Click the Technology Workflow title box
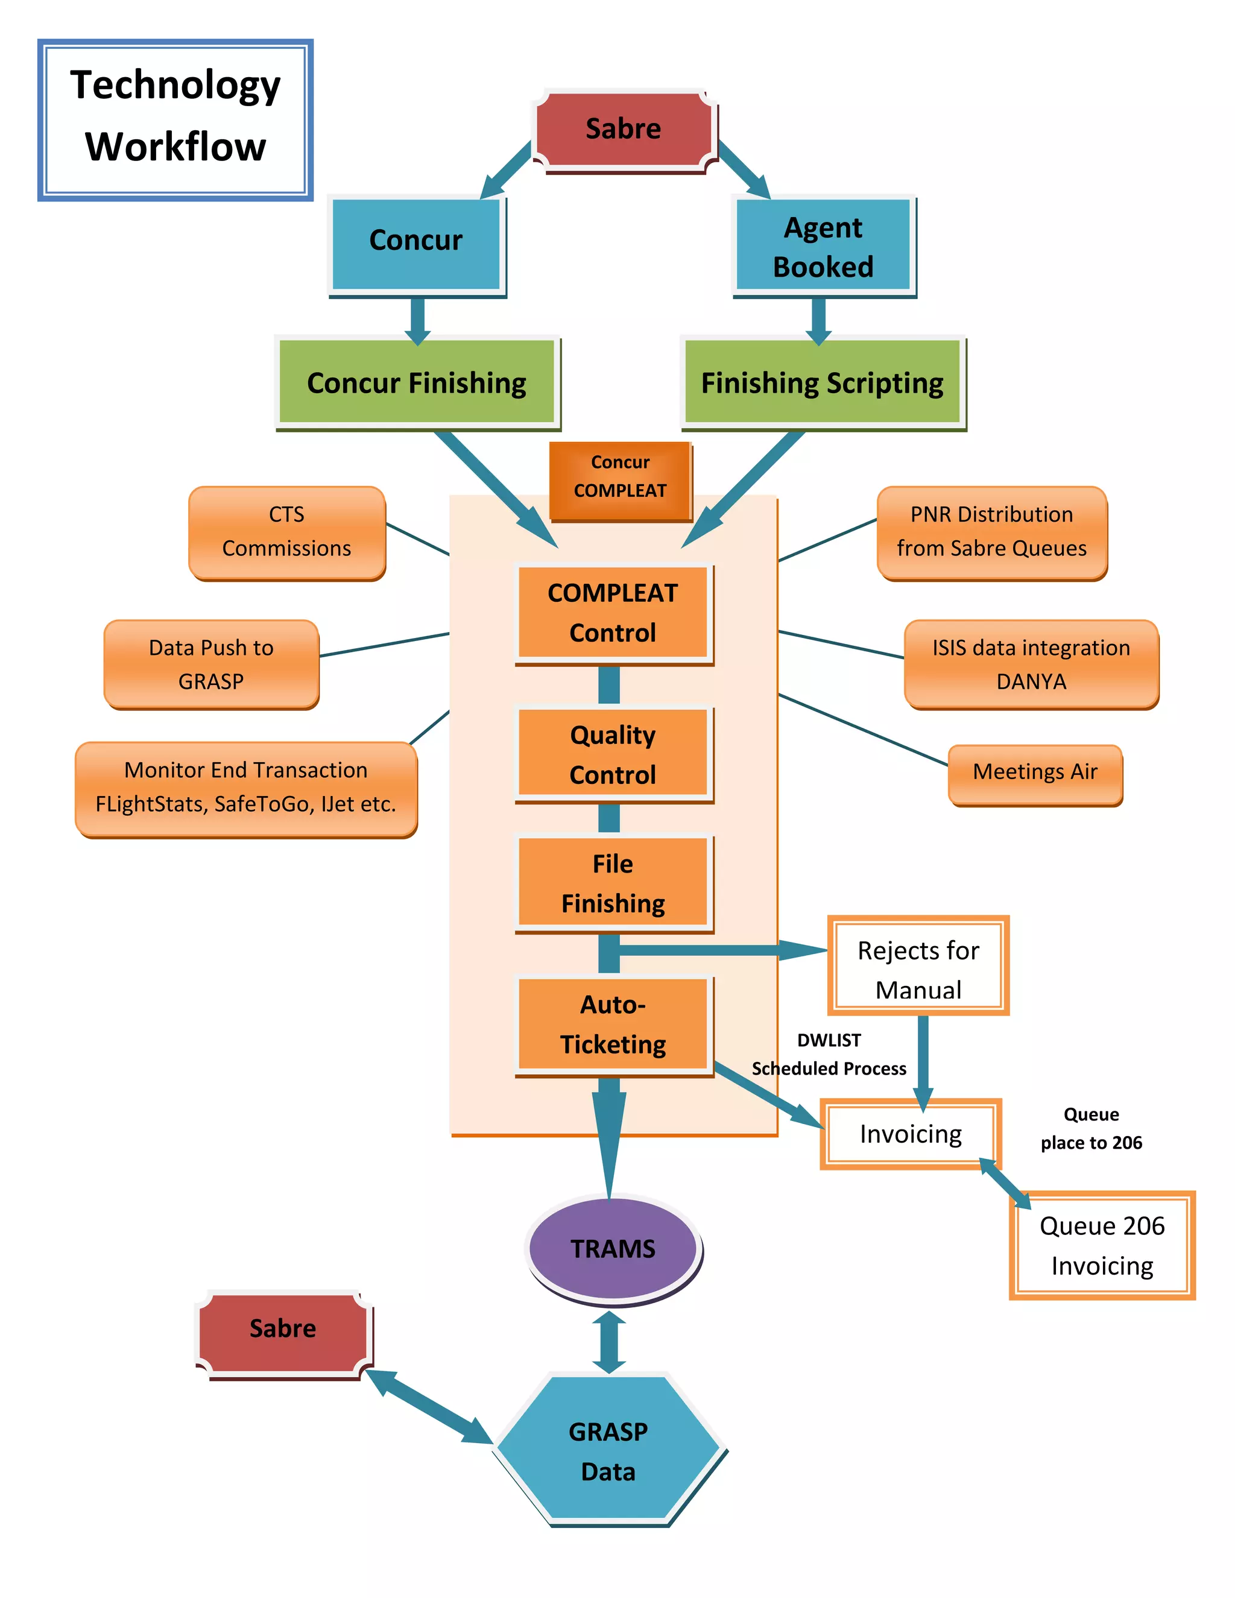tap(175, 119)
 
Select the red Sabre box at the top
tap(624, 130)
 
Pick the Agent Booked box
tap(823, 246)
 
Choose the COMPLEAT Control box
tap(613, 613)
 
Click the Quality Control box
tap(613, 754)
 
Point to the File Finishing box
tap(613, 883)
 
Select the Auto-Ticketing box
tap(613, 1025)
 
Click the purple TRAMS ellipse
tap(613, 1248)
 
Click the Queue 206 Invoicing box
tap(1102, 1245)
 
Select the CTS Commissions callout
tap(287, 532)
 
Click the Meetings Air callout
tap(1035, 772)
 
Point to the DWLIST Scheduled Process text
tap(829, 1054)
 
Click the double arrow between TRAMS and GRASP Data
tap(608, 1342)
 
